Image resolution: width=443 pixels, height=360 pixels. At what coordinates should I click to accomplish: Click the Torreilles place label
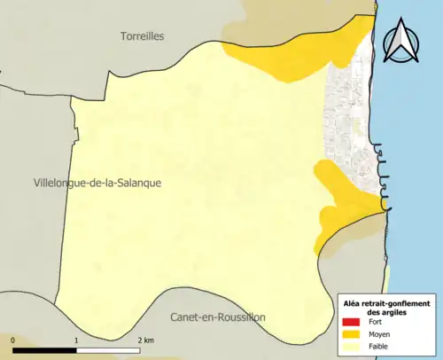coord(143,35)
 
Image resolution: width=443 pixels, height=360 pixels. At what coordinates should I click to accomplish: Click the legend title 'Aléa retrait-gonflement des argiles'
coord(386,308)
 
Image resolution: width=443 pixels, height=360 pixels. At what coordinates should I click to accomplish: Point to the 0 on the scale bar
coord(13,340)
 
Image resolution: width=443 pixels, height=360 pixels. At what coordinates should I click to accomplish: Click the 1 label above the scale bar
coord(77,340)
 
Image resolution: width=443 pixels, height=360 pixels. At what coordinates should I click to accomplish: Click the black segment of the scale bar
coord(45,348)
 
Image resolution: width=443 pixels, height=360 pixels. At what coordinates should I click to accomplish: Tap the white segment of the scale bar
coord(108,348)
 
